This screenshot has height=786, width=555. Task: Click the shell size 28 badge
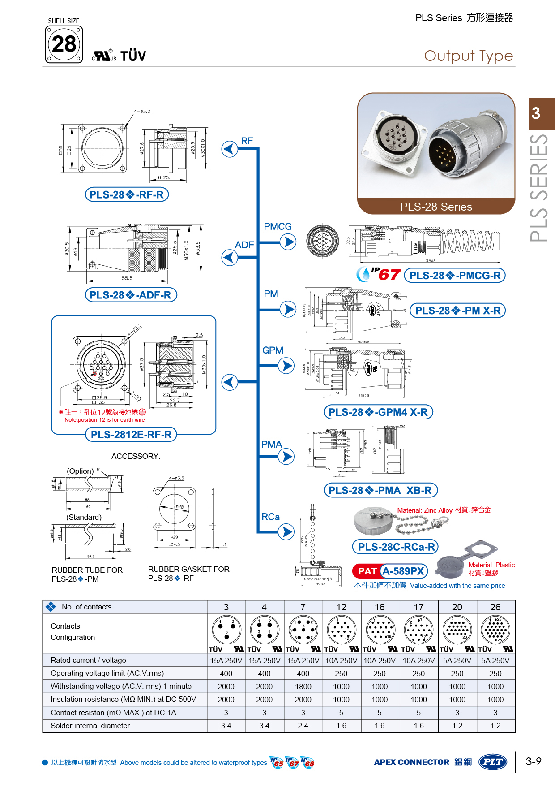tap(64, 44)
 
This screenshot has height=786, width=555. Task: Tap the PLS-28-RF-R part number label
tap(127, 194)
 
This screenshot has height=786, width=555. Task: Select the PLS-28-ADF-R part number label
tap(131, 295)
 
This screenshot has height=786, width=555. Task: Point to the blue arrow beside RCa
tap(286, 532)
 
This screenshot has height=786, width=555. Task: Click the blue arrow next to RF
tap(230, 149)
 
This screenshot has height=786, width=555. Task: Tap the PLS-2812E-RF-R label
tap(131, 434)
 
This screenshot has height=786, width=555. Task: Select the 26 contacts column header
tap(495, 607)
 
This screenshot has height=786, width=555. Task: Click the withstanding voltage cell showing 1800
tap(303, 687)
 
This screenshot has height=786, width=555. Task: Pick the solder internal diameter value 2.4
tap(303, 726)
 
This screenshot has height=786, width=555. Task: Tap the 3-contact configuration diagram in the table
tap(226, 629)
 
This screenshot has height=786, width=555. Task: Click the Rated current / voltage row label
tap(88, 660)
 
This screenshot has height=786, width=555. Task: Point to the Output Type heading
tap(468, 56)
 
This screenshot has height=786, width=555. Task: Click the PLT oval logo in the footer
tap(492, 762)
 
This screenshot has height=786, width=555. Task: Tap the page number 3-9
tap(533, 761)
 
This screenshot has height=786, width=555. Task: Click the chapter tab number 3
tap(536, 113)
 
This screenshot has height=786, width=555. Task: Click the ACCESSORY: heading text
tap(136, 456)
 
